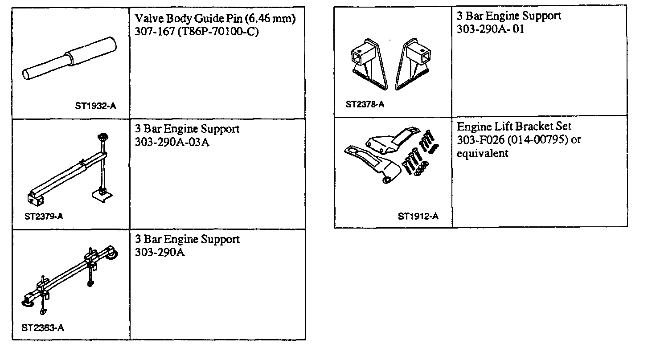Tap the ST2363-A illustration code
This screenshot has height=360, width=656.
point(42,328)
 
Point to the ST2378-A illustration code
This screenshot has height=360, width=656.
point(365,105)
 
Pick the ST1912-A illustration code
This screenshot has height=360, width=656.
point(418,217)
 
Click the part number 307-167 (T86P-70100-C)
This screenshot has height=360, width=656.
point(197,33)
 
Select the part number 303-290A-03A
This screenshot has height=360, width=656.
point(172,143)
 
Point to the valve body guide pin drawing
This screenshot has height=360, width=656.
point(70,58)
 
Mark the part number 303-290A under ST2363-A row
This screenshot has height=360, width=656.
point(160,253)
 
